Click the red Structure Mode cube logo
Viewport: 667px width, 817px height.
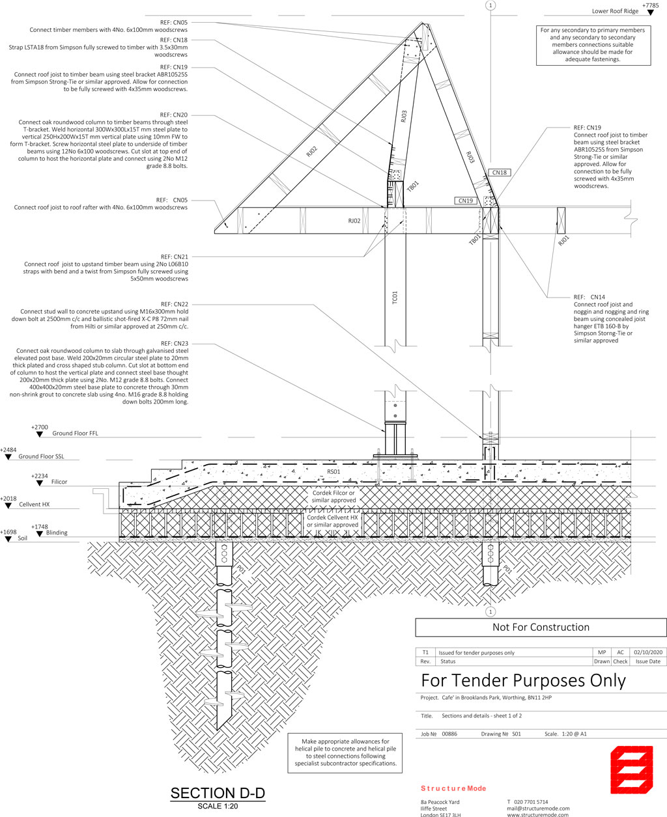click(631, 769)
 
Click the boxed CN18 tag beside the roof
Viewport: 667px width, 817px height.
click(499, 173)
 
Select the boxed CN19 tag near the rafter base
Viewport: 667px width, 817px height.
click(466, 201)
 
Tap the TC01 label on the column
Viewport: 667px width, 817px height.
click(395, 297)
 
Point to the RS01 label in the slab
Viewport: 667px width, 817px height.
click(333, 472)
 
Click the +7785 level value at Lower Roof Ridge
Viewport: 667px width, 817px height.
click(650, 5)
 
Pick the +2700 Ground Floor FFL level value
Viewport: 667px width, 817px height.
click(40, 427)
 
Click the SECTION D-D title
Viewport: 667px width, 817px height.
click(218, 793)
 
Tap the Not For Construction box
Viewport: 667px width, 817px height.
click(541, 627)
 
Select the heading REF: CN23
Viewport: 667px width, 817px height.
click(175, 344)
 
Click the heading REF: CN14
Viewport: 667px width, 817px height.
click(589, 297)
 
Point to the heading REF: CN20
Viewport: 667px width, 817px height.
click(174, 115)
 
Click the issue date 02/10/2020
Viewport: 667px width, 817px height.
click(648, 652)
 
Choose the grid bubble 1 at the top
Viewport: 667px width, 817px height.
click(490, 5)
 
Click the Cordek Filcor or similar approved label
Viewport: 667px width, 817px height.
click(333, 497)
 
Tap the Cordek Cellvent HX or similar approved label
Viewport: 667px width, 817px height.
click(333, 521)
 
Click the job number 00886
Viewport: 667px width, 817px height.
click(449, 734)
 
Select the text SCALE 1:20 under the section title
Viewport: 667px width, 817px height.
click(218, 806)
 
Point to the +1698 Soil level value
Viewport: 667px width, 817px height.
click(8, 532)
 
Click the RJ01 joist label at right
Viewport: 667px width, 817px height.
click(563, 241)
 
